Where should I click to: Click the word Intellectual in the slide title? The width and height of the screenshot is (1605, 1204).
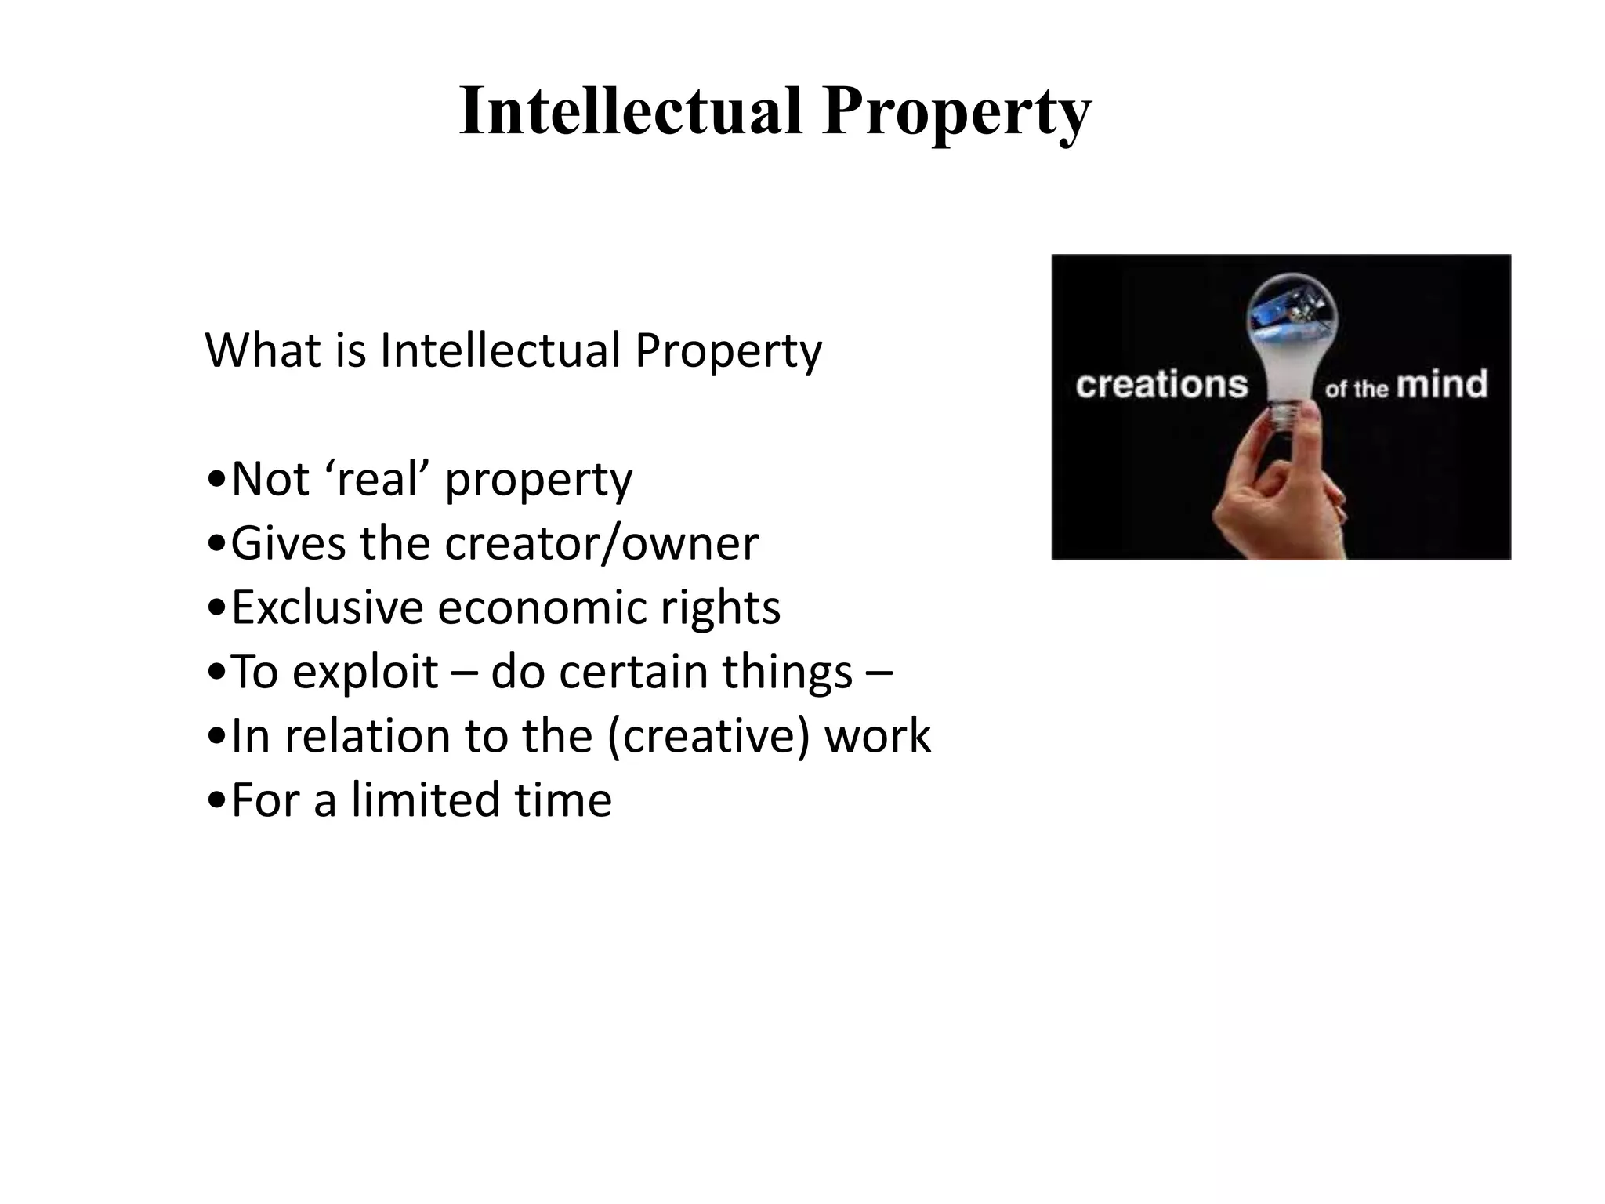pyautogui.click(x=631, y=111)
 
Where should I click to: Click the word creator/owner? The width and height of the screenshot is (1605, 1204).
pyautogui.click(x=601, y=543)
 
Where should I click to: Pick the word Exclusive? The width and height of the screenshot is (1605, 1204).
pyautogui.click(x=327, y=607)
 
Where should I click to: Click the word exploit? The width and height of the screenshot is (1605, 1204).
pyautogui.click(x=364, y=673)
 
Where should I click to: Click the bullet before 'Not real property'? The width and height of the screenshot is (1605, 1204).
pyautogui.click(x=216, y=481)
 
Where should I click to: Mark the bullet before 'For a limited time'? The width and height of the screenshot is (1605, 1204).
pyautogui.click(x=216, y=802)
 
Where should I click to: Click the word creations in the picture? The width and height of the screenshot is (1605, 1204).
pyautogui.click(x=1161, y=385)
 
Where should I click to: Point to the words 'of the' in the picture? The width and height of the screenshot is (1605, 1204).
pyautogui.click(x=1356, y=388)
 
